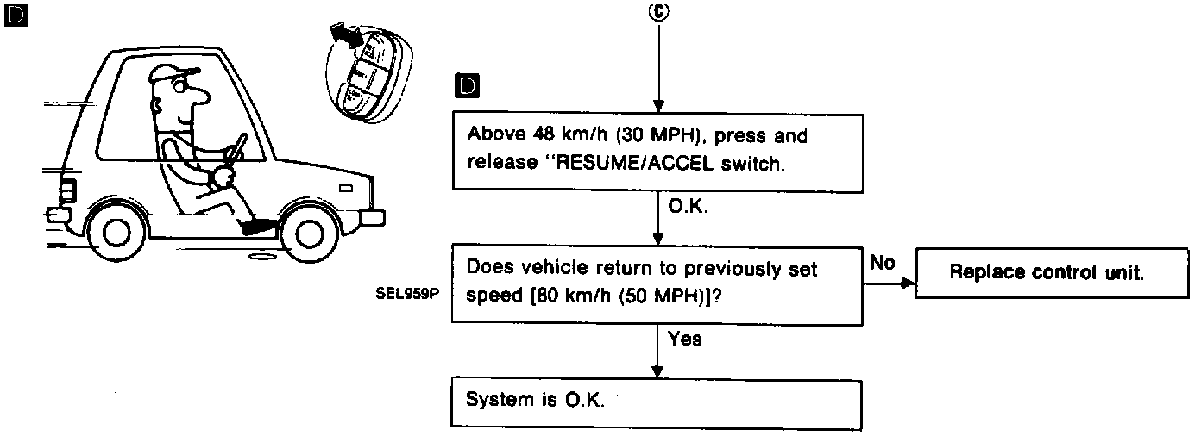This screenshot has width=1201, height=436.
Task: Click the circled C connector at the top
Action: [x=659, y=13]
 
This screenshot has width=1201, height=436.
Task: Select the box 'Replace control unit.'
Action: [x=1046, y=273]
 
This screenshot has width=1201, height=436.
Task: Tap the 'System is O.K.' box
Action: [x=657, y=402]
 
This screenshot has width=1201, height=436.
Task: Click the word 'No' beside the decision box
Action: [x=883, y=263]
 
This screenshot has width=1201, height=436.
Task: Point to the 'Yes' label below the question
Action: [x=685, y=339]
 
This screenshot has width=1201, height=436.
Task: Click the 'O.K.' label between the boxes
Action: [x=688, y=207]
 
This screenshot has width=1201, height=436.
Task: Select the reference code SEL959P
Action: [x=407, y=293]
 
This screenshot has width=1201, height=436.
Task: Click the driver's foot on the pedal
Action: [x=258, y=226]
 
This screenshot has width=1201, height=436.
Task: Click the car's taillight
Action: [x=68, y=190]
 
